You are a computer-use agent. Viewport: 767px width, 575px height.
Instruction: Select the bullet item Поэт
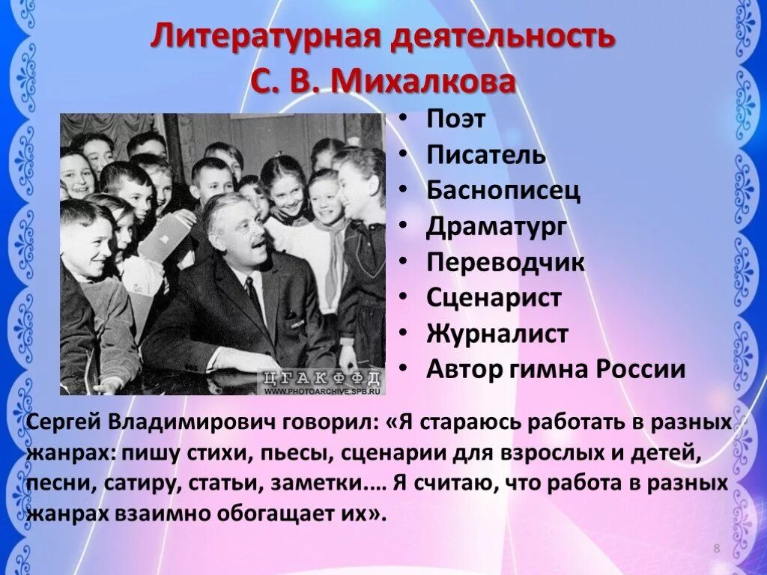point(456,119)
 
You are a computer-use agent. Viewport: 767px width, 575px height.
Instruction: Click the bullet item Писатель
point(486,155)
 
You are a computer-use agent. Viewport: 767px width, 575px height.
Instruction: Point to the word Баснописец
point(503,191)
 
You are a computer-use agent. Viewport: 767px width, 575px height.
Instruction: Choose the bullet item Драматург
point(497,226)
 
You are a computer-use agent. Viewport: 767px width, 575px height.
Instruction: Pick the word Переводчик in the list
point(506,262)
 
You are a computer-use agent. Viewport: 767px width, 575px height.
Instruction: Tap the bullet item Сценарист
point(494,297)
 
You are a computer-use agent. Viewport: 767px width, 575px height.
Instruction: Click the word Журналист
point(497,333)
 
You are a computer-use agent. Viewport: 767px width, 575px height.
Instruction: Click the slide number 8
point(716,550)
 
